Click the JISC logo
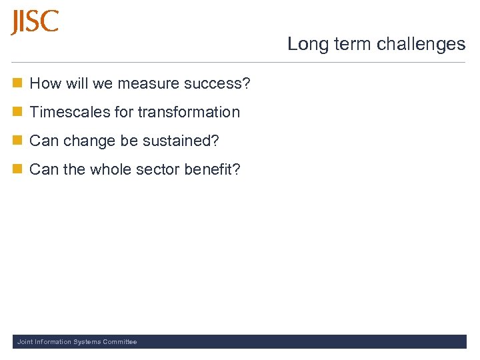35,22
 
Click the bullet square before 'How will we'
17,83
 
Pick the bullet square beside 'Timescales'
17,112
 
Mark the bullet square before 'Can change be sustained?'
17,141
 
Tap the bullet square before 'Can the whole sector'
17,169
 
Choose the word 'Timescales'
70,112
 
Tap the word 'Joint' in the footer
25,342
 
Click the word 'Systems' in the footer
86,342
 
